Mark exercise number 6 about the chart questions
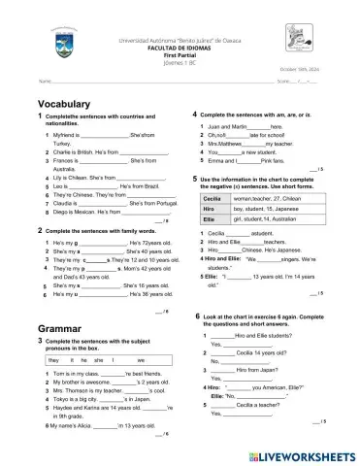pyautogui.click(x=198, y=316)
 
